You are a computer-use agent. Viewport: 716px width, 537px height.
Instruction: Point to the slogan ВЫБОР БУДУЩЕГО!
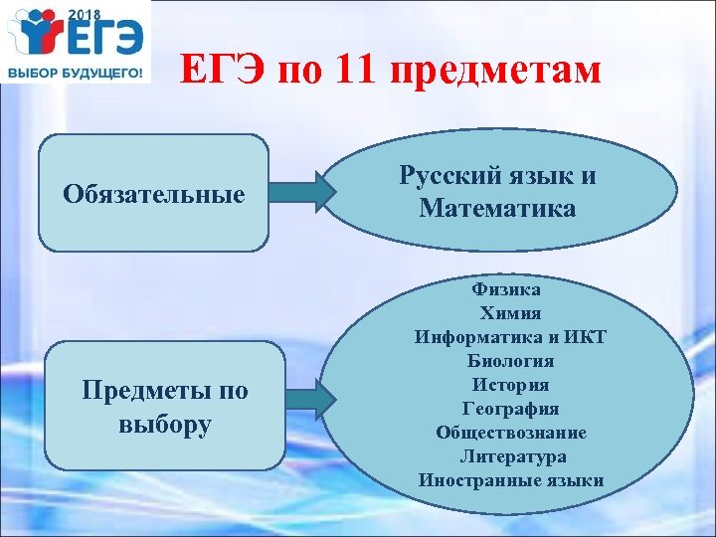pos(76,75)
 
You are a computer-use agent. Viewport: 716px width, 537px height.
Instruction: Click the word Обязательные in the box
pos(153,193)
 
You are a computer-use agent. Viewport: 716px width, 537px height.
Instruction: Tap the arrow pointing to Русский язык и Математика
pos(302,192)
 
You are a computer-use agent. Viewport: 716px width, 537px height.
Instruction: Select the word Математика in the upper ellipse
pos(497,209)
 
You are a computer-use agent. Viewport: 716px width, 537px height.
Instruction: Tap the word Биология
pos(511,361)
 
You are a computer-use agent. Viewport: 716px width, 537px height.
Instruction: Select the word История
pos(511,385)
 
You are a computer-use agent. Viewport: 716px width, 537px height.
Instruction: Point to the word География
pos(511,409)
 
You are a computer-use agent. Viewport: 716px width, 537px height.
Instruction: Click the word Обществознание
pos(511,433)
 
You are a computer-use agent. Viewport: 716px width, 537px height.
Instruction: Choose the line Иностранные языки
pos(511,480)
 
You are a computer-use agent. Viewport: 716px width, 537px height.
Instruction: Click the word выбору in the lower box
pos(164,425)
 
